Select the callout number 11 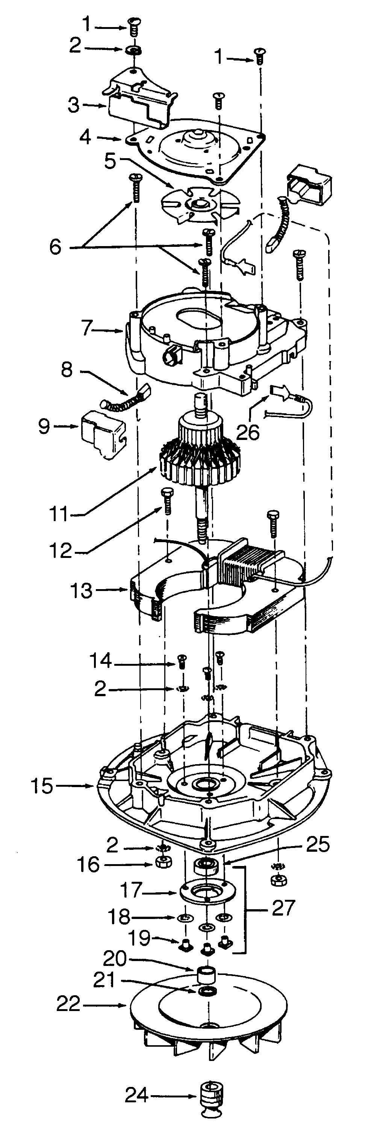pos(59,514)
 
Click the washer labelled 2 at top pos(134,50)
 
